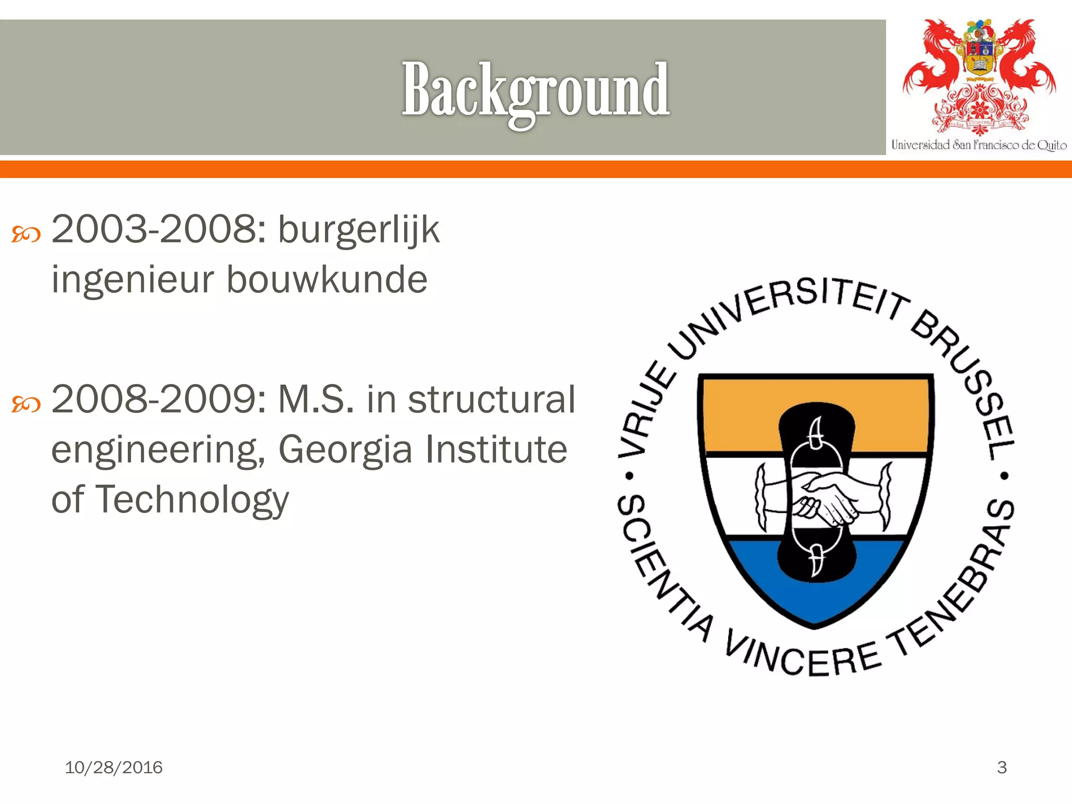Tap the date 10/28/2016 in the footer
coord(114,767)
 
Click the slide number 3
coord(1001,767)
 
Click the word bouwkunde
coord(327,280)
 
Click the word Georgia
coord(345,450)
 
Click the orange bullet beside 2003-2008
coord(26,234)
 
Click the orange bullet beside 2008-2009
coord(26,404)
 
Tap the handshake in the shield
coord(822,497)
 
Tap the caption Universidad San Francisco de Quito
coord(979,145)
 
